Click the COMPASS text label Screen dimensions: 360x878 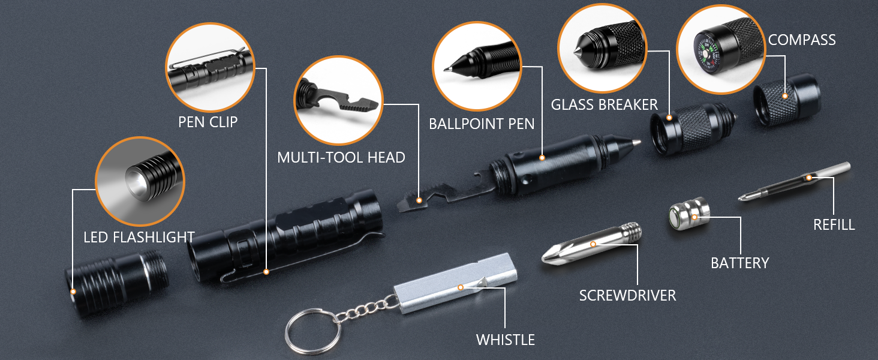coord(802,40)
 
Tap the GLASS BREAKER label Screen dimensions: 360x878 coord(604,104)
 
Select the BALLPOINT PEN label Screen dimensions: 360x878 coord(481,124)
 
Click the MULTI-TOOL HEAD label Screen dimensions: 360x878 coord(341,158)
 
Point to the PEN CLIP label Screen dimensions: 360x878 coord(208,122)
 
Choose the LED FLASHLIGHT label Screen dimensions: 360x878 coord(139,237)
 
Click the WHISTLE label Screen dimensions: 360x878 coord(505,340)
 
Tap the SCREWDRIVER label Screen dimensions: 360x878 coord(627,295)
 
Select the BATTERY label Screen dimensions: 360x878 coord(739,263)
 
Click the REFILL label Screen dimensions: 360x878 coord(834,225)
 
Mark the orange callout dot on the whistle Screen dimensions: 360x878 coord(460,287)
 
